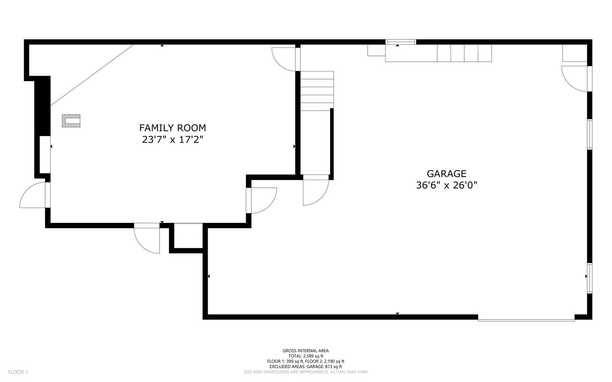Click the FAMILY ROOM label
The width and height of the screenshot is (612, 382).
click(x=173, y=128)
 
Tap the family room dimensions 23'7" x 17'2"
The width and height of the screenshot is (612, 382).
click(x=173, y=140)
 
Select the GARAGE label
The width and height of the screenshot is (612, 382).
click(x=446, y=174)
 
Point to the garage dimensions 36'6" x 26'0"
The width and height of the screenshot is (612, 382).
click(x=446, y=185)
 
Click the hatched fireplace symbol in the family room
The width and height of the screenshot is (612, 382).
click(x=71, y=121)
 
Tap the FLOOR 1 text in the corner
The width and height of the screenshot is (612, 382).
click(x=18, y=372)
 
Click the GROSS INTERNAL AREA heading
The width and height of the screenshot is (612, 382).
click(x=306, y=351)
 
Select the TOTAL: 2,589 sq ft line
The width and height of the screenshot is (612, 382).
click(x=306, y=356)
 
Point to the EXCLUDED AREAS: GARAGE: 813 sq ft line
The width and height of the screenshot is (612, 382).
click(x=306, y=367)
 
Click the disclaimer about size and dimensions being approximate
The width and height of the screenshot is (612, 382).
click(x=306, y=372)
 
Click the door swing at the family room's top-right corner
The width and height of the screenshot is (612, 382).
click(x=284, y=59)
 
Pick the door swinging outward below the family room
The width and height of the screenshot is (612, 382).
click(x=147, y=238)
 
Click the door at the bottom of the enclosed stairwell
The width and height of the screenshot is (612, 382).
click(x=316, y=190)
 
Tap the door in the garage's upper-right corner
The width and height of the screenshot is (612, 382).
click(x=576, y=79)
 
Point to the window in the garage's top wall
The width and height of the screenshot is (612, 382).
click(x=401, y=42)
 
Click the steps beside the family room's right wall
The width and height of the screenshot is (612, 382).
click(x=317, y=91)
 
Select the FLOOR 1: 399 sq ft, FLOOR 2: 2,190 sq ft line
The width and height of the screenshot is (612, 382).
click(x=306, y=361)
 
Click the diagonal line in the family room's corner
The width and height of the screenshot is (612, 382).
click(x=92, y=75)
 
